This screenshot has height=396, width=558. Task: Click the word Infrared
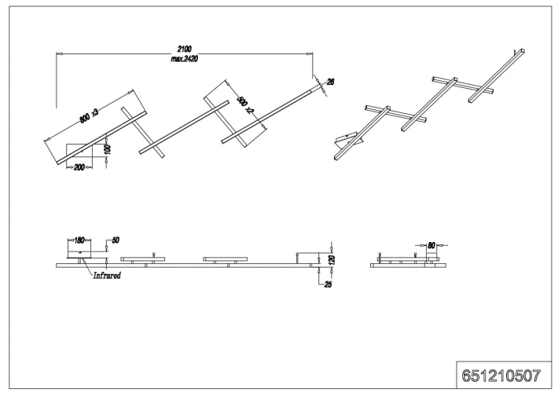click(106, 276)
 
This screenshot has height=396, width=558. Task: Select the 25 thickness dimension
click(328, 284)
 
